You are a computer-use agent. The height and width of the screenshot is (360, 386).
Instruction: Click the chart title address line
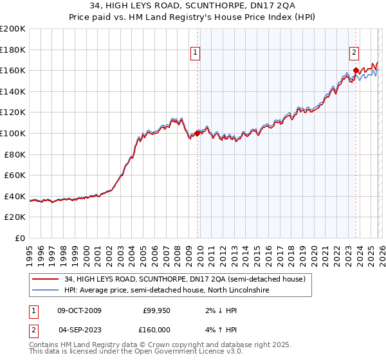(193, 6)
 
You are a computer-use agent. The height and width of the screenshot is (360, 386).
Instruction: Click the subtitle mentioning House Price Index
(193, 17)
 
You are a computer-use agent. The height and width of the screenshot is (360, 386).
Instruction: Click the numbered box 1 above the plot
(196, 53)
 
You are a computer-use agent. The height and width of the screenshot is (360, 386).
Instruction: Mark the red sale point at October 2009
(197, 133)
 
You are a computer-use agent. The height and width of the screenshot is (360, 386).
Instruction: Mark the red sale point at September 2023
(355, 71)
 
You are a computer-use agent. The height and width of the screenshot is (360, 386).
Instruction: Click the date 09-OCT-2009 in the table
(79, 310)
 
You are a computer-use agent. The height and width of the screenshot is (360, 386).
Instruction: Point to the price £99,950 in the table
(155, 310)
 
